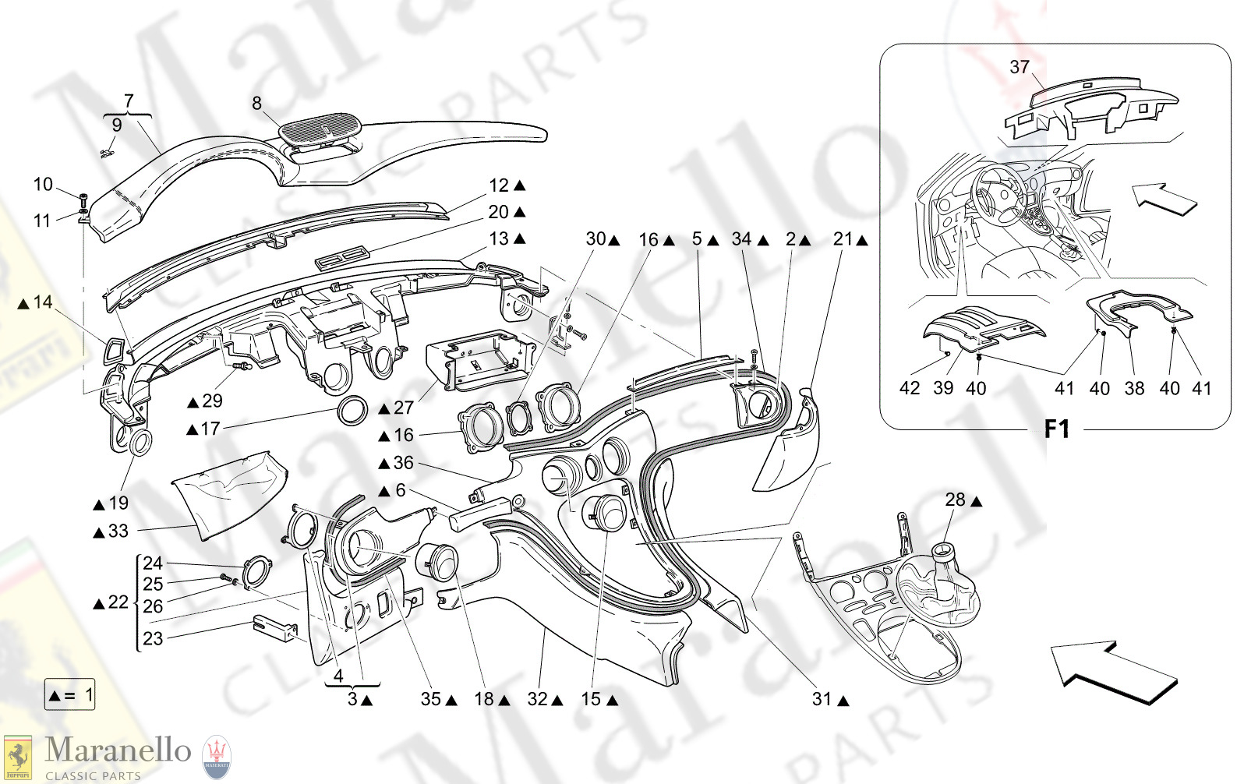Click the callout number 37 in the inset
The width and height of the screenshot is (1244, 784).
coord(1020,67)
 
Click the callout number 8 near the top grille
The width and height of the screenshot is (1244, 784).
coord(256,103)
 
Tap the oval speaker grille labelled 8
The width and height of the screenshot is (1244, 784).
coord(320,129)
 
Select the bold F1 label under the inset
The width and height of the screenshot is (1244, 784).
coord(1057,429)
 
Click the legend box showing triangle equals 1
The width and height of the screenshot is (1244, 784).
coord(70,694)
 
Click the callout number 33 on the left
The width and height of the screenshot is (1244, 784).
coord(118,531)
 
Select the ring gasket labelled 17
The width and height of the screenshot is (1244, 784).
coord(352,410)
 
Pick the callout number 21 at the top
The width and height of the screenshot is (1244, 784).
coord(843,239)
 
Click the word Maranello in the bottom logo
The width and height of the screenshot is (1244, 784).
coord(118,750)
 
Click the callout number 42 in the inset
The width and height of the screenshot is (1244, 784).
coord(910,387)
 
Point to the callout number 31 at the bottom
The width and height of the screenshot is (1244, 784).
coord(822,699)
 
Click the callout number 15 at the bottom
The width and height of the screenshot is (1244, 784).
coord(591,699)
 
